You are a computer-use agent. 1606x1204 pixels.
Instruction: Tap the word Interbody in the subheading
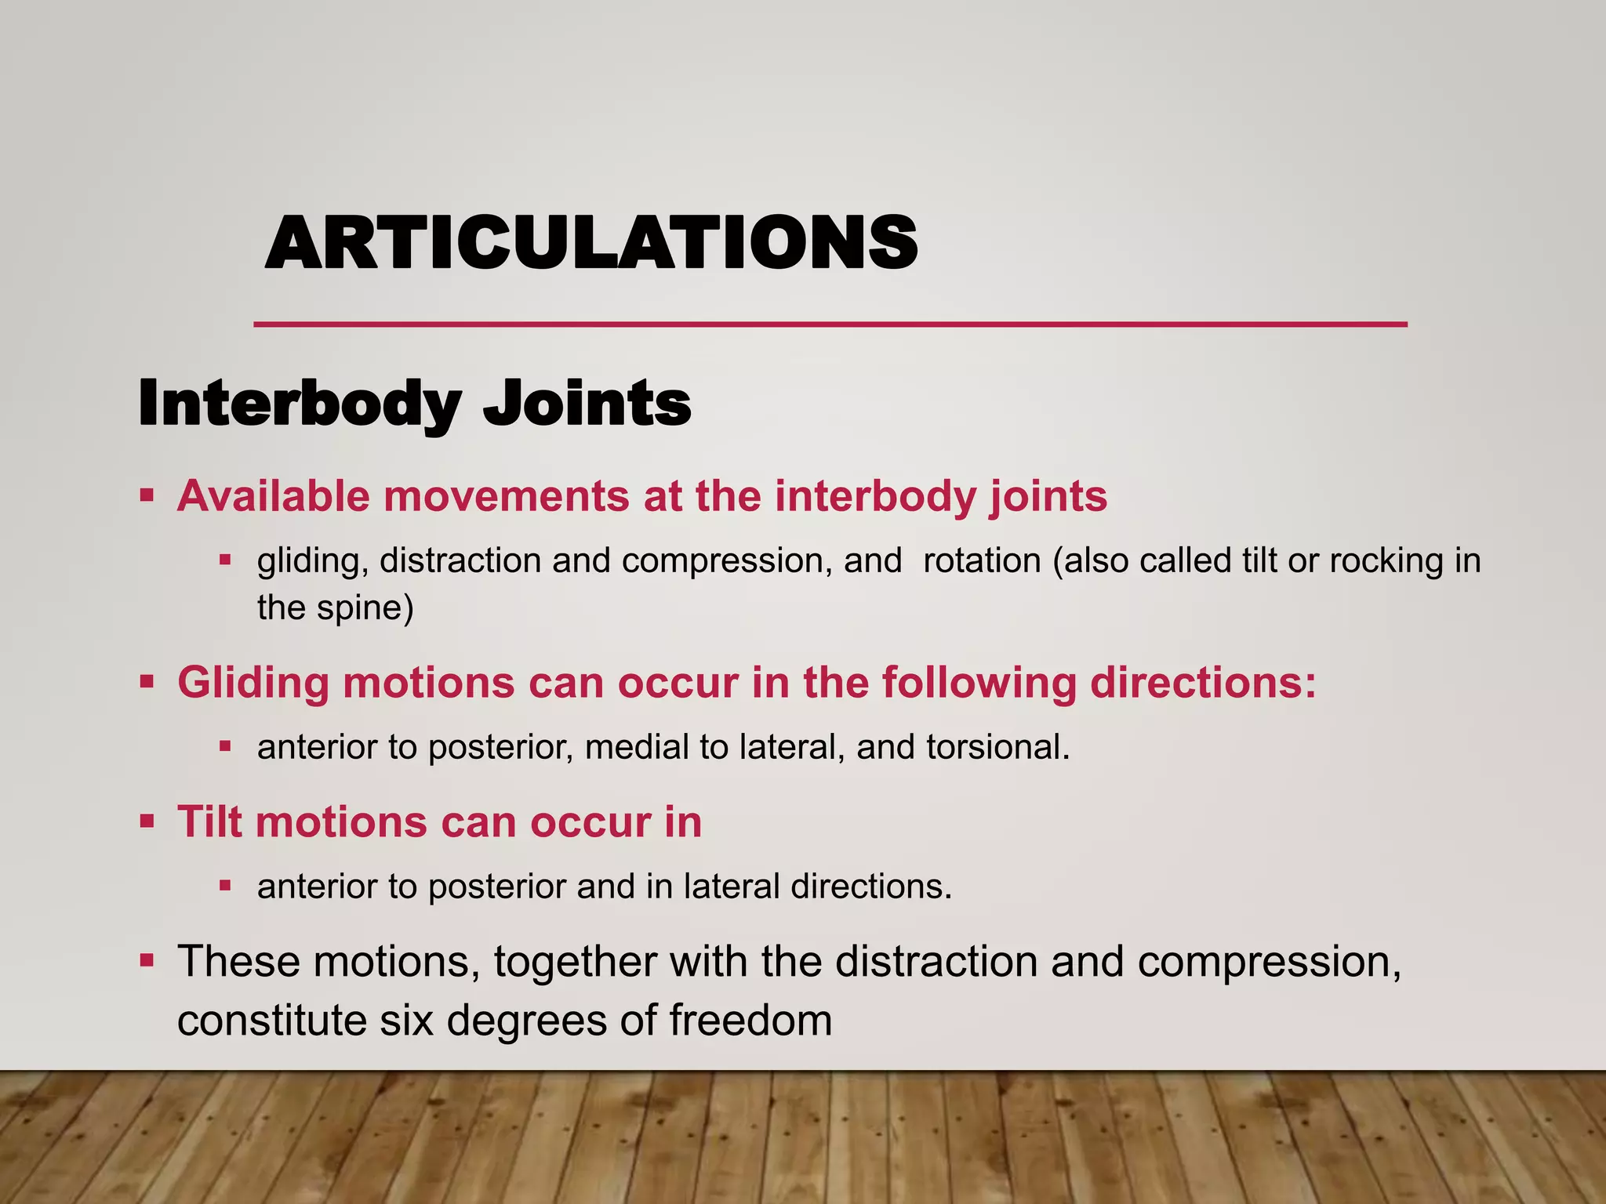coord(299,404)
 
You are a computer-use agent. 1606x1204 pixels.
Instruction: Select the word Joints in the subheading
coord(587,404)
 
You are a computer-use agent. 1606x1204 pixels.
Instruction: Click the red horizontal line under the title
coord(830,324)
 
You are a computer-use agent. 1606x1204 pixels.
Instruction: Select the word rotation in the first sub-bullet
coord(983,561)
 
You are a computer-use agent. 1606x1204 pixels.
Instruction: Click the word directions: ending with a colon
coord(1203,683)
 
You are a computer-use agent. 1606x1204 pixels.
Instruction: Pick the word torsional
coord(997,748)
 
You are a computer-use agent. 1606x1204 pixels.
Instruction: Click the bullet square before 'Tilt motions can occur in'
coord(147,821)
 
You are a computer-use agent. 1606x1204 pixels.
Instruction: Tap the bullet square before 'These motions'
coord(147,959)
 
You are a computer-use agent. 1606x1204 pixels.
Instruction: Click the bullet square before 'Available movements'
coord(147,495)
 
